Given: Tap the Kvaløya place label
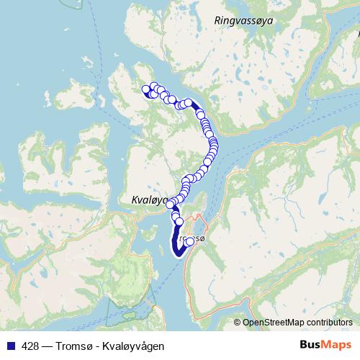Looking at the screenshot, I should [149, 199].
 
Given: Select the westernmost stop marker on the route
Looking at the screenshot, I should [146, 90].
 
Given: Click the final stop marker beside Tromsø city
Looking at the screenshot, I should [190, 242].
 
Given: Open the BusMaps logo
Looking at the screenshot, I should [325, 346].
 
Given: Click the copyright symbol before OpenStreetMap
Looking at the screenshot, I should [238, 323].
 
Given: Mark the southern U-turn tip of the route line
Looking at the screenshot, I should [179, 252].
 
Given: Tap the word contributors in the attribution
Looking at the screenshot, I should [329, 323].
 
